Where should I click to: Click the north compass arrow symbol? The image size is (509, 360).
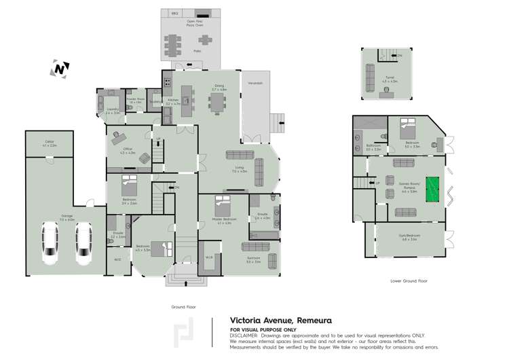(x=60, y=69)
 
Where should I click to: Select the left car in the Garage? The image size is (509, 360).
(x=50, y=245)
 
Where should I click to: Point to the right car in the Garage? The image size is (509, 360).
(x=83, y=245)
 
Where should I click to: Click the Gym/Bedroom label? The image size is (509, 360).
(x=409, y=238)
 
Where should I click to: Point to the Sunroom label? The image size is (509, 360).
(x=252, y=260)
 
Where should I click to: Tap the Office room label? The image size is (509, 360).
(x=127, y=151)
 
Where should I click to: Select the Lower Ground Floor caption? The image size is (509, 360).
(x=409, y=281)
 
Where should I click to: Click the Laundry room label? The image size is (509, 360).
(x=113, y=111)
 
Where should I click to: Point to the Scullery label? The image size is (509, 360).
(x=155, y=103)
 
